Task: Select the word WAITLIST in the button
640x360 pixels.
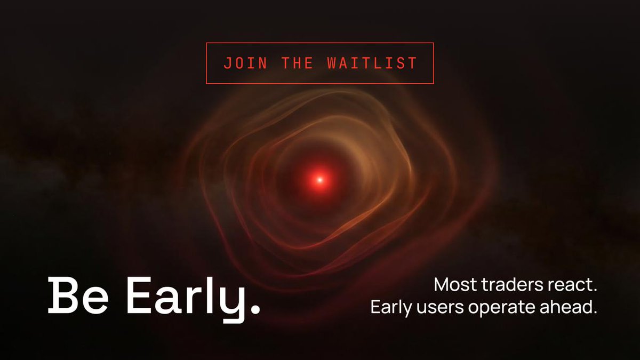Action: [372, 63]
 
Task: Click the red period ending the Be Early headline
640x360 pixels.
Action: [255, 309]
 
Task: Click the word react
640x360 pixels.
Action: [573, 285]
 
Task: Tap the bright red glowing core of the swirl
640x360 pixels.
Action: [319, 180]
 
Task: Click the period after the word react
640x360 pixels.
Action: [595, 291]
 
